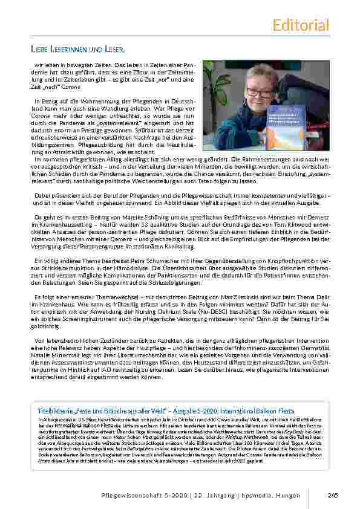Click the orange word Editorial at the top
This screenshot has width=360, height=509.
click(301, 25)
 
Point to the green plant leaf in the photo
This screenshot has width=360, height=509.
click(217, 79)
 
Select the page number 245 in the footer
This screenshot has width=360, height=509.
click(332, 494)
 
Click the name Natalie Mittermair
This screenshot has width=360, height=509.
click(56, 348)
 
